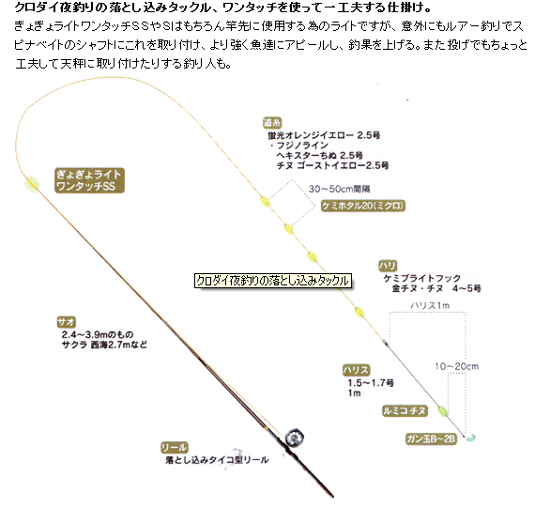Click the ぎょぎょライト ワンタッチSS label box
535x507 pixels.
click(x=89, y=180)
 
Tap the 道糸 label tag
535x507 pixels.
click(x=272, y=123)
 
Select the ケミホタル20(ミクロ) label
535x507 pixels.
click(x=363, y=206)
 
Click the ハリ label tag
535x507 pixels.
click(x=388, y=266)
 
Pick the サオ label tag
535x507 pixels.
click(x=67, y=322)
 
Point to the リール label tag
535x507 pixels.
click(x=175, y=447)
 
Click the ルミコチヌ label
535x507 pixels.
click(x=405, y=410)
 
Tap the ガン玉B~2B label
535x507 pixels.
click(x=431, y=438)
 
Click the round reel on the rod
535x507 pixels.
click(x=294, y=438)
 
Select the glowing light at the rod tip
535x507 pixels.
click(x=32, y=184)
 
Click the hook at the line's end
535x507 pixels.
click(x=470, y=438)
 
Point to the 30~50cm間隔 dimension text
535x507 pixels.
click(x=339, y=189)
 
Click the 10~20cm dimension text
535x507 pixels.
click(x=456, y=366)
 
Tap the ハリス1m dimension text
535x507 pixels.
click(x=430, y=305)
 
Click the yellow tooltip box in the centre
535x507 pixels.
click(x=273, y=281)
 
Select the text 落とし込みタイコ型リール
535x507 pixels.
click(x=218, y=460)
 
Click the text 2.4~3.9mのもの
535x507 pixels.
click(x=98, y=334)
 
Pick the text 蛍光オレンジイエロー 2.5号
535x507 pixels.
click(x=324, y=135)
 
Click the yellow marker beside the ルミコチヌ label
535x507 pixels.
click(x=442, y=411)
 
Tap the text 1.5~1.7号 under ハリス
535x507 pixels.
click(x=371, y=383)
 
